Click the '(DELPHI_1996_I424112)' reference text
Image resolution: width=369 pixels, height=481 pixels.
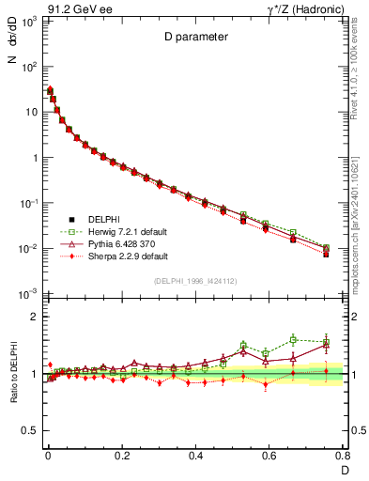[x=194, y=281]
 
